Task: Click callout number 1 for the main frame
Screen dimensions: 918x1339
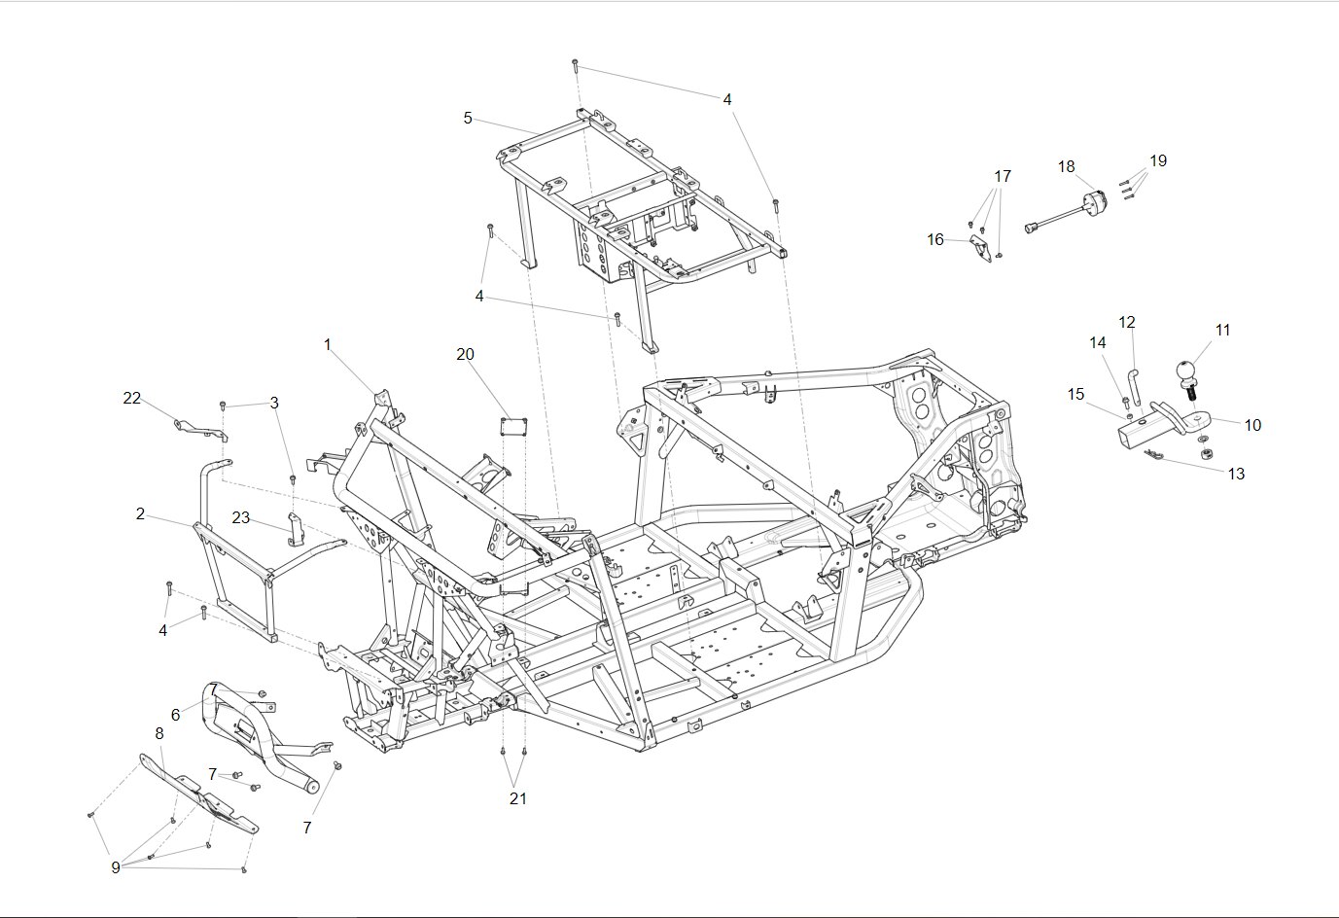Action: pos(328,345)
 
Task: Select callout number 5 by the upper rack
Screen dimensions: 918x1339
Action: pos(468,119)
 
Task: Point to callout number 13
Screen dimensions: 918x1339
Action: pos(1236,475)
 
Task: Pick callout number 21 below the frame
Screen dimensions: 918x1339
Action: pos(518,798)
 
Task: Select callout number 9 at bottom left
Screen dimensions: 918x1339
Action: pos(116,867)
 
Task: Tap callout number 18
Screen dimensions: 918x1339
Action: pos(1067,167)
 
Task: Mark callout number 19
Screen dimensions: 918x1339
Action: pos(1157,161)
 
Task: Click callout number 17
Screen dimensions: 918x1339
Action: pos(1003,177)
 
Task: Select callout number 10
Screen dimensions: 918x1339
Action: pos(1252,426)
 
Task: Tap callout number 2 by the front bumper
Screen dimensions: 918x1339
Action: pos(140,514)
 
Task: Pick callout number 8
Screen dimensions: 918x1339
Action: pos(159,733)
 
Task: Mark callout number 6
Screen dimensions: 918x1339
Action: pos(175,715)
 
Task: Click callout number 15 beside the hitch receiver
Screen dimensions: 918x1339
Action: pos(1075,395)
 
